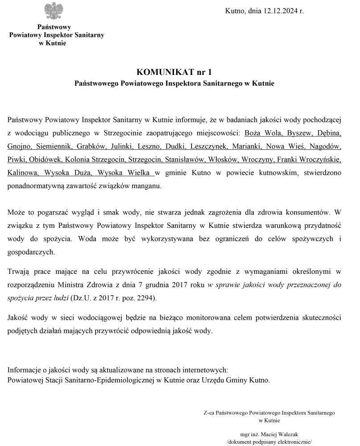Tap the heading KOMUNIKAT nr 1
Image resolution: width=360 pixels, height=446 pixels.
coord(174,71)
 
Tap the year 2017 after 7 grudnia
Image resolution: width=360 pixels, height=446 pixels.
coord(178,284)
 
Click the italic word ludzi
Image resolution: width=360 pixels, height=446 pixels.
coord(60,297)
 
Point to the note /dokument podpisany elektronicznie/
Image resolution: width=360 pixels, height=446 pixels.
coord(269,442)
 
